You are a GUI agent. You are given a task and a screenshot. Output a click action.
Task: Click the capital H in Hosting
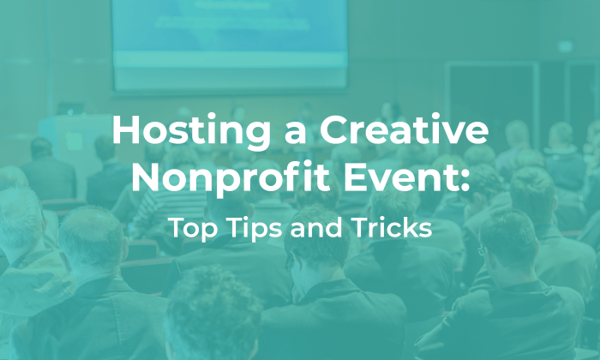click(126, 133)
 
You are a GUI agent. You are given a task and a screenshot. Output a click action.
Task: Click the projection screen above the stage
click(229, 39)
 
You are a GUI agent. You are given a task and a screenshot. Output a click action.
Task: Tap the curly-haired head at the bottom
click(213, 313)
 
